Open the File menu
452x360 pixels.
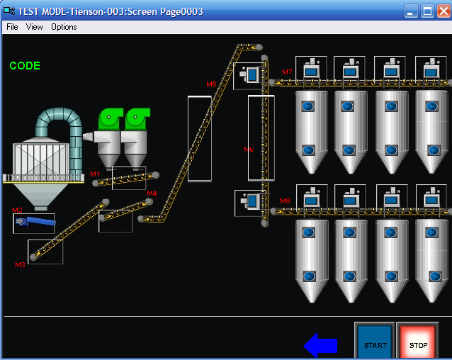point(12,27)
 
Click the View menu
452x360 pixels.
point(35,27)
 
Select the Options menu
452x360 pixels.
point(64,27)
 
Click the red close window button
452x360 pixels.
point(443,11)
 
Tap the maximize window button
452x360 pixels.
point(427,11)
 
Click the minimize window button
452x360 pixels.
point(412,11)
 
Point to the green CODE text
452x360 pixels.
point(25,66)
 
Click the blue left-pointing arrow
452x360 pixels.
point(320,345)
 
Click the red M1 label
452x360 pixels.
point(95,174)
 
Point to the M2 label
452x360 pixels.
point(18,210)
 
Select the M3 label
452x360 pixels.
point(20,264)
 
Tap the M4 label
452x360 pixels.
point(152,193)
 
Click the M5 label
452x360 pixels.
point(211,84)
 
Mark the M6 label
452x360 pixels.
point(249,150)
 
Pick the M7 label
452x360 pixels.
point(286,72)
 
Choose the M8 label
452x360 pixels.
point(285,201)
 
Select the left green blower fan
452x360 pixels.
point(111,118)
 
